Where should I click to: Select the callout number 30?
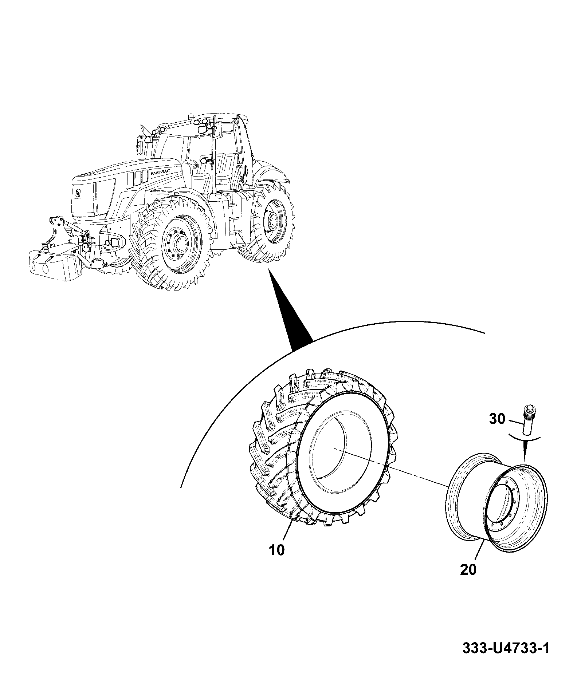497,419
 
